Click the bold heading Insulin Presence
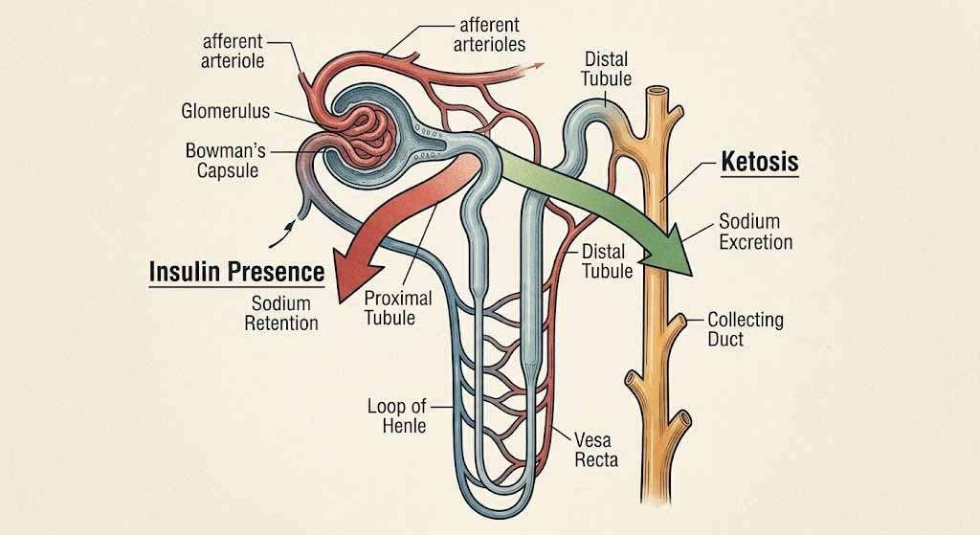237,273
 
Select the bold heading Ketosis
759,163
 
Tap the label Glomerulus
225,111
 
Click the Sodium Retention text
281,313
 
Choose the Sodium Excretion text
756,233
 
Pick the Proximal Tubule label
397,307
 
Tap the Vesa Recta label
596,450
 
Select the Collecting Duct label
745,329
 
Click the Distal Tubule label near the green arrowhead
607,261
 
